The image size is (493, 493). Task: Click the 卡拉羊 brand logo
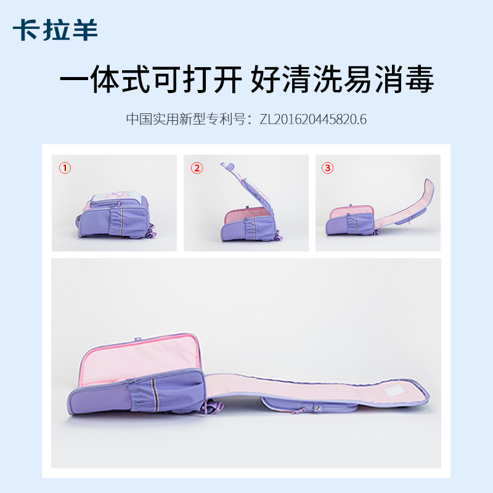55,30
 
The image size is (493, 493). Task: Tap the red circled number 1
65,168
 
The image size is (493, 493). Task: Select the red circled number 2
197,168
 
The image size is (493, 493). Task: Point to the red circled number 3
327,168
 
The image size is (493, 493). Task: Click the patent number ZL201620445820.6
313,120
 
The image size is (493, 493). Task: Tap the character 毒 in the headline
420,79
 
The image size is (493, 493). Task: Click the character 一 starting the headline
75,79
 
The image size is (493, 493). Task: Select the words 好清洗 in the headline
296,79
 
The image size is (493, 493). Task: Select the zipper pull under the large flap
299,410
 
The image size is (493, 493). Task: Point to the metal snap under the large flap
318,408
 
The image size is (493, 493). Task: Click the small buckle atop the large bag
137,339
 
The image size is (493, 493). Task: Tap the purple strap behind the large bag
213,407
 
